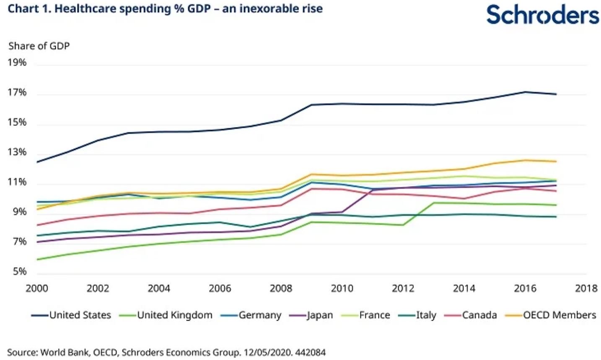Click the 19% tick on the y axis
tap(17, 62)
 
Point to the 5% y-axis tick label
tap(18, 272)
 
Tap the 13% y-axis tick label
tap(17, 152)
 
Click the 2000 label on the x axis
tap(37, 288)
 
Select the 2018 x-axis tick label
tap(586, 288)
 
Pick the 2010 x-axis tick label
tap(342, 288)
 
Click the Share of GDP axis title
tap(39, 46)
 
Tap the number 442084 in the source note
tap(310, 352)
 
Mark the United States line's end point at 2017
tap(556, 94)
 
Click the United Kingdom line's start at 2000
tap(37, 259)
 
